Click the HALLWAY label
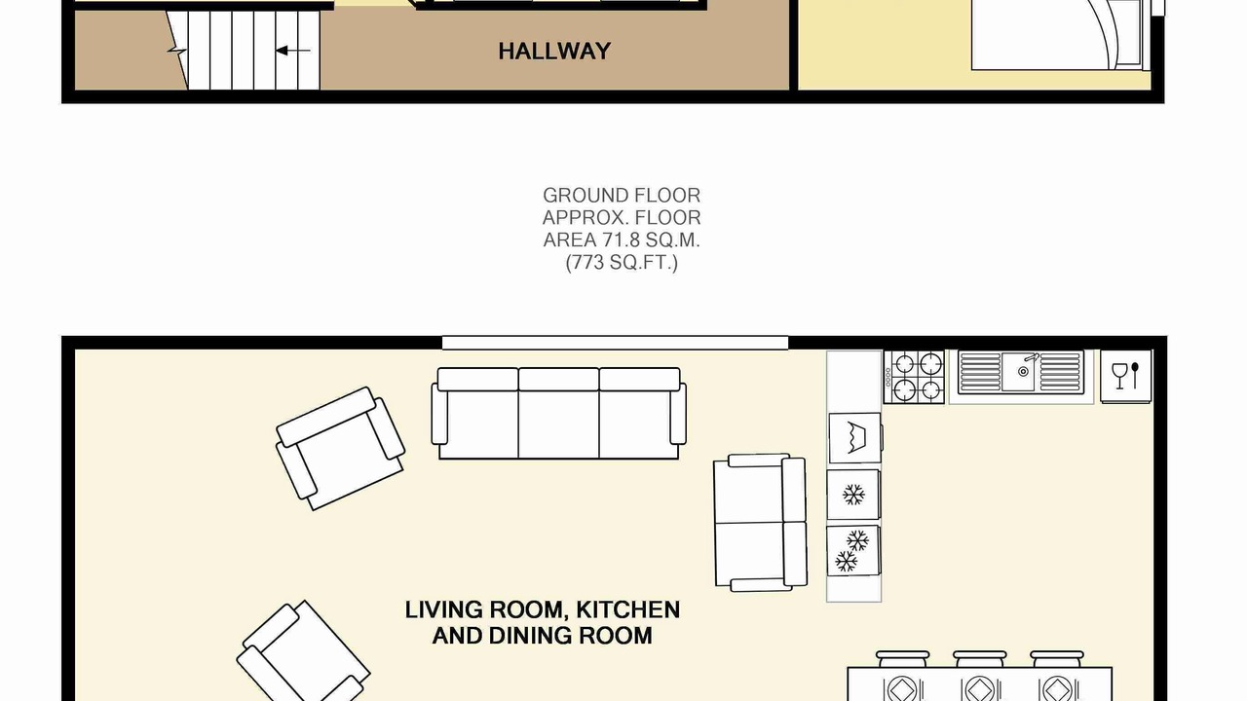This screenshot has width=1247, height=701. pos(554,52)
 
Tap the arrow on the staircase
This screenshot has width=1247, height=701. pos(293,51)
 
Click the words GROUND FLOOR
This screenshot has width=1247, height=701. pos(622,196)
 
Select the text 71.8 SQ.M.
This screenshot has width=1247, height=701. pos(651,240)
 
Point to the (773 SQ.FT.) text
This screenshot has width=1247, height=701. pos(622,262)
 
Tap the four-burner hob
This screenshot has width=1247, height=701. pos(914,377)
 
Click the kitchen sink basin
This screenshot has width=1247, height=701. pos(1018,372)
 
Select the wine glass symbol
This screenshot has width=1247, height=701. pos(1119,376)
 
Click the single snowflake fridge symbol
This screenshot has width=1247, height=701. pos(853,495)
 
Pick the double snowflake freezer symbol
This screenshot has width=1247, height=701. pos(851,551)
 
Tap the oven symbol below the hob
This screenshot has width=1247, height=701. pos(855,438)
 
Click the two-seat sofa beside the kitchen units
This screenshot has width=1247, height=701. pos(761,523)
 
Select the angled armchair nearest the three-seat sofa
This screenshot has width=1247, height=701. pos(340,449)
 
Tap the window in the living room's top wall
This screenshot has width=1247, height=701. pos(615,343)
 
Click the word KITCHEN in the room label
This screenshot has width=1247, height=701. pos(628,609)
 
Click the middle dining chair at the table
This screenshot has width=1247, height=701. pos(980,659)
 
